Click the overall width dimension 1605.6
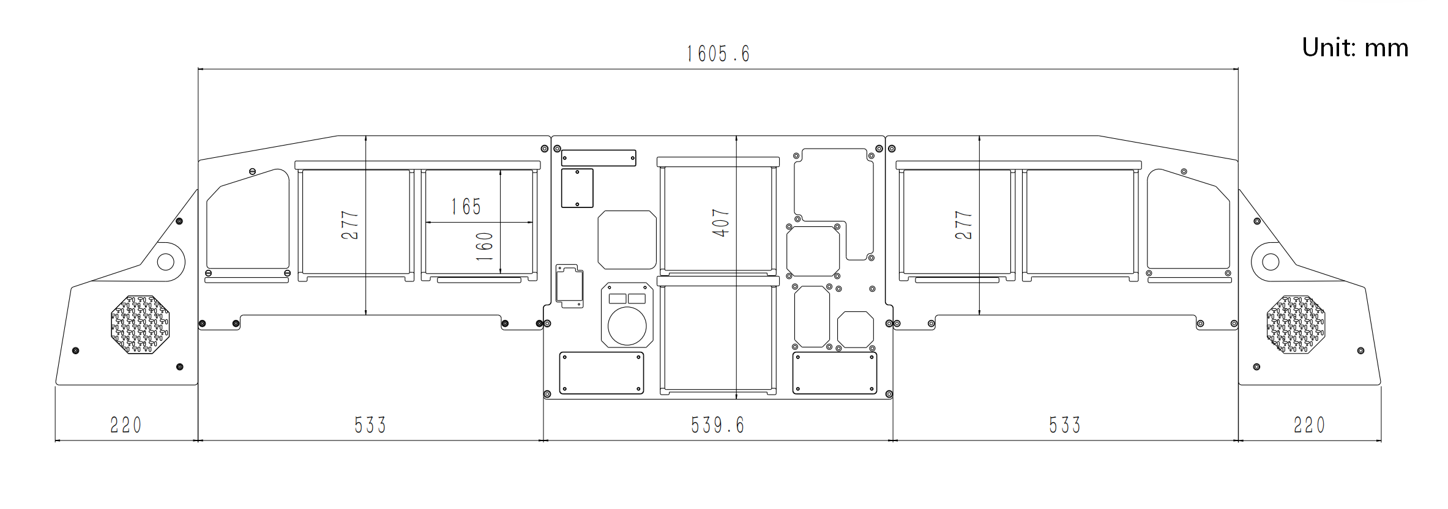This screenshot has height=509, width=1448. [x=718, y=54]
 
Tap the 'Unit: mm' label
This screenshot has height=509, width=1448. [x=1355, y=48]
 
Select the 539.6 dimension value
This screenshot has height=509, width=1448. [x=717, y=425]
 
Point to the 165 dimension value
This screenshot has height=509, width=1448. [x=466, y=207]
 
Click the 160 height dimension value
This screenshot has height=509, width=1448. [x=485, y=247]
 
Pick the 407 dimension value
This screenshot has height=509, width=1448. [x=721, y=223]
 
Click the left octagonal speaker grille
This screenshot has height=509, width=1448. [x=140, y=324]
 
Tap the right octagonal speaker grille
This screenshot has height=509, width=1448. [x=1296, y=324]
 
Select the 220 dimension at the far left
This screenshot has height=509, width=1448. [x=125, y=425]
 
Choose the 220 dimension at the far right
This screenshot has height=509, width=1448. [x=1309, y=425]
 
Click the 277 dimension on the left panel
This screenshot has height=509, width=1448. [x=350, y=225]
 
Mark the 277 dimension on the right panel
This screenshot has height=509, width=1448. [x=963, y=225]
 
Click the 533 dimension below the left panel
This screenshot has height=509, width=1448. [x=370, y=425]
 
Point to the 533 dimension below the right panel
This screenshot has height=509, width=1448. [x=1065, y=425]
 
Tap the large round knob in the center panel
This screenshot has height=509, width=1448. [x=627, y=326]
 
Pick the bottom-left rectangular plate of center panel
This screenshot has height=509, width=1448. [x=602, y=373]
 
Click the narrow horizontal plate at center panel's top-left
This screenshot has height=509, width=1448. [x=599, y=158]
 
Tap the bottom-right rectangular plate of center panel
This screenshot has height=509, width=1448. [x=835, y=373]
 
